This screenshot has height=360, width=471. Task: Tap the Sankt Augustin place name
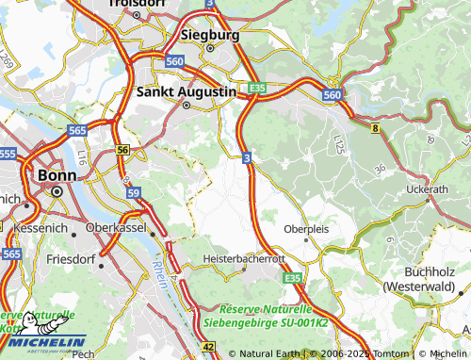186,92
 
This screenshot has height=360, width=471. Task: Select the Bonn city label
56,174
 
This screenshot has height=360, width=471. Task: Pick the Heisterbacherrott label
244,258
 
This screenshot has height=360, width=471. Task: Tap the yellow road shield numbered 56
122,150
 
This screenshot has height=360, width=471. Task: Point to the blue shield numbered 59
134,192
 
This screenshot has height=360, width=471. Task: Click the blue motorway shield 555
8,153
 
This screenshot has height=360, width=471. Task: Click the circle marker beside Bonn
56,191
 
